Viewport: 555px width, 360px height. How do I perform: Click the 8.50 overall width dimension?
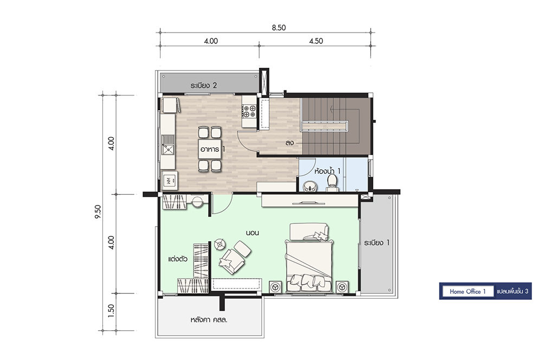point(279,28)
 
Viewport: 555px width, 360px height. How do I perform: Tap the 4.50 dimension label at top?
point(316,41)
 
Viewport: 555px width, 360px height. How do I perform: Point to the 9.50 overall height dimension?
point(98,211)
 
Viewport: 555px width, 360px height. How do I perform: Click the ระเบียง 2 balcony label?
point(203,85)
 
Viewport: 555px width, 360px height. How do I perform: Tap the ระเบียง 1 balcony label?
point(377,243)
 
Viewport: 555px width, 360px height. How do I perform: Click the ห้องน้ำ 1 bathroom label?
point(327,171)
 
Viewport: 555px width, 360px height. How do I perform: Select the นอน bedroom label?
point(253,233)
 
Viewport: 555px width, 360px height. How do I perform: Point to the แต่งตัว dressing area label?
point(178,259)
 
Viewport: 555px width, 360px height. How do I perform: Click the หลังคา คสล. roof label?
point(209,320)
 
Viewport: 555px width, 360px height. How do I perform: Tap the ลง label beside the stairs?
point(289,143)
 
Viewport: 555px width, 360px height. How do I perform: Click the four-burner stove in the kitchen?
point(249,111)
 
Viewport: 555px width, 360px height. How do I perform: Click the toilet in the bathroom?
point(332,181)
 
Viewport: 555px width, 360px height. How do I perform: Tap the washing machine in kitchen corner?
point(170,181)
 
